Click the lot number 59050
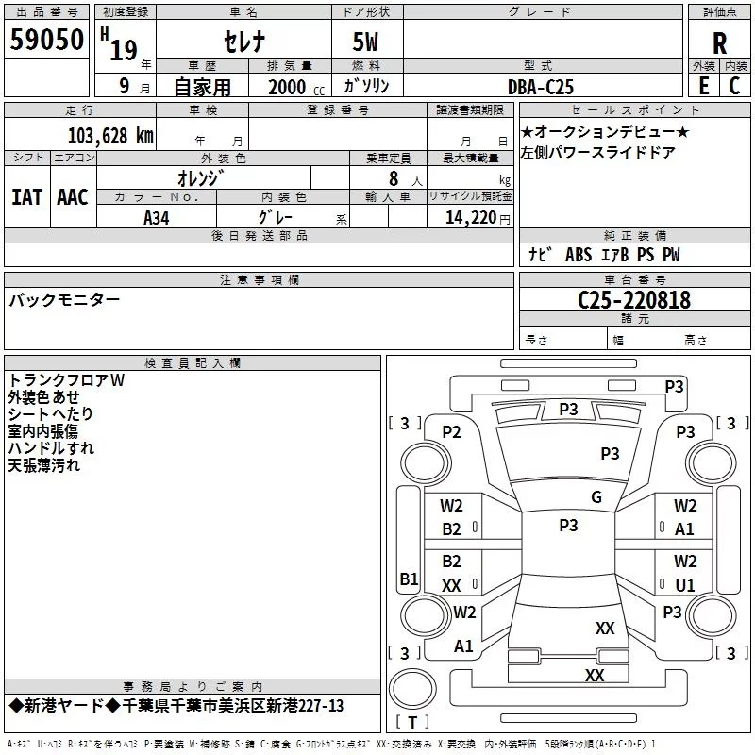(46, 40)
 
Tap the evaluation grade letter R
(719, 43)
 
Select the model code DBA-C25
(541, 87)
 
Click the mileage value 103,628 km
(110, 136)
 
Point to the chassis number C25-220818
(634, 300)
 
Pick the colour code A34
(157, 218)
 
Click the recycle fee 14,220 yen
(478, 218)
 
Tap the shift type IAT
(27, 197)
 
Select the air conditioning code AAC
(73, 197)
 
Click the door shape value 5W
(366, 42)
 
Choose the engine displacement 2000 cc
(296, 87)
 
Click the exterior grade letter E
(704, 86)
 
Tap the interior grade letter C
(734, 86)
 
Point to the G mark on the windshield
(596, 497)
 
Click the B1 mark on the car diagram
(410, 579)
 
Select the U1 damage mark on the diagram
(685, 585)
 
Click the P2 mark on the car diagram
(452, 432)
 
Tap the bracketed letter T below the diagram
(412, 722)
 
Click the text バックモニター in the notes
(64, 300)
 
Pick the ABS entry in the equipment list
(579, 255)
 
